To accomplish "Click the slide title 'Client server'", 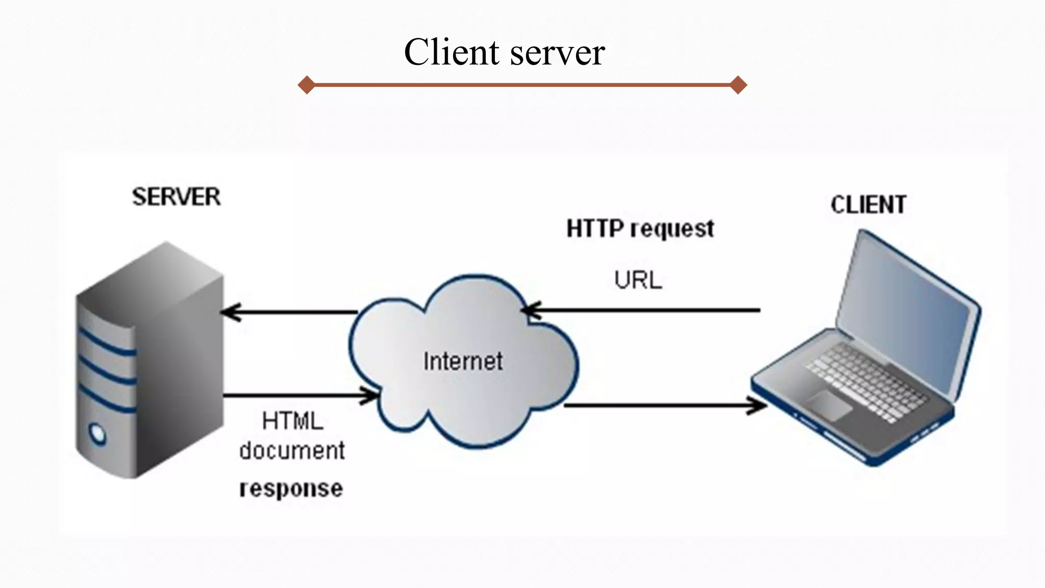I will tap(504, 52).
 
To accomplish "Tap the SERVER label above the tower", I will tap(176, 197).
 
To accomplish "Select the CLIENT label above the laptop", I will tap(868, 205).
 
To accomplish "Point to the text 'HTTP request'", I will tap(640, 228).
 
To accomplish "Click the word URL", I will tap(638, 280).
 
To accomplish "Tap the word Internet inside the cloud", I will tap(463, 361).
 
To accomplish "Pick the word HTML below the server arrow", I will tap(292, 422).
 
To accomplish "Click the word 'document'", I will tap(292, 451).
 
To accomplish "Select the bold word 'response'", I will tap(291, 488).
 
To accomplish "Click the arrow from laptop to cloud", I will tap(643, 310).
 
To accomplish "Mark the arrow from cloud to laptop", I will tap(663, 406).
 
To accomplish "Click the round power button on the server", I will tap(97, 434).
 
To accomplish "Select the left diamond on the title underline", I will tap(306, 85).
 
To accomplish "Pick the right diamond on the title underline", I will tap(738, 85).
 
